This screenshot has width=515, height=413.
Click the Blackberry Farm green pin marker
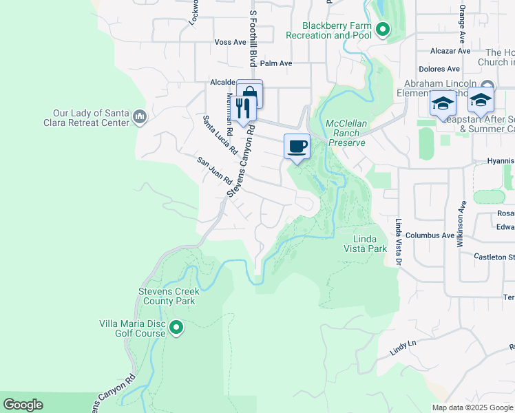point(383,30)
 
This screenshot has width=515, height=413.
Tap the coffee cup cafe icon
point(297,146)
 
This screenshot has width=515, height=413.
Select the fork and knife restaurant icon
point(244,108)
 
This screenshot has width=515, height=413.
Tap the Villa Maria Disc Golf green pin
point(177,328)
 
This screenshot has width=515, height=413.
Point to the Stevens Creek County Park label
point(168,296)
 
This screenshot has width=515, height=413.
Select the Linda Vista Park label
point(370,243)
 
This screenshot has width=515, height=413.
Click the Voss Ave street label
point(230,42)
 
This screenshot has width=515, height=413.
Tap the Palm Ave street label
point(276,63)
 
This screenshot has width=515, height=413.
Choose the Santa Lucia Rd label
point(220,135)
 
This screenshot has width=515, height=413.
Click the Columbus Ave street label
point(430,235)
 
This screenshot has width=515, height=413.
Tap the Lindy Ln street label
point(403,348)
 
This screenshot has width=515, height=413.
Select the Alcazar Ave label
point(450,51)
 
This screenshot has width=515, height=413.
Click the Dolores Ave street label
point(439,69)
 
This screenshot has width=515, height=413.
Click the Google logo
point(23,405)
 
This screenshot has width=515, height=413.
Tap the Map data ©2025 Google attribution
point(472,407)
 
